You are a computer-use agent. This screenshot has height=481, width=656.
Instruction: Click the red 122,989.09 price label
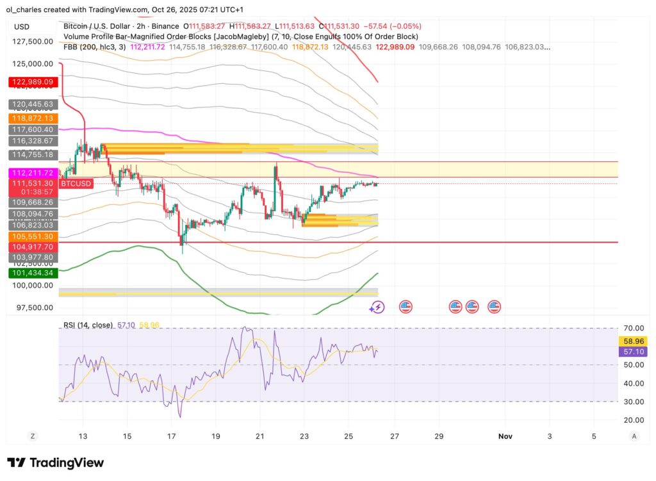click(32, 82)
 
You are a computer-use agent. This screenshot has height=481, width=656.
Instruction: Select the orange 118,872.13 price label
click(32, 118)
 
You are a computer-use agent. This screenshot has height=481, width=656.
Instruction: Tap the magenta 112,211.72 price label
click(32, 173)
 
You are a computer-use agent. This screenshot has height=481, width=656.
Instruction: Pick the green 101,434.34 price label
click(32, 273)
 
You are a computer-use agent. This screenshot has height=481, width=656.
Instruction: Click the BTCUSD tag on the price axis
click(76, 184)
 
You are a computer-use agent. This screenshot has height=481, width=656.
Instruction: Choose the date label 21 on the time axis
click(259, 436)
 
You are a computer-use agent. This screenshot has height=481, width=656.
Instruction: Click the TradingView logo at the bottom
click(55, 462)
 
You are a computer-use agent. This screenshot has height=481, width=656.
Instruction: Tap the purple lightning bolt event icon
click(377, 307)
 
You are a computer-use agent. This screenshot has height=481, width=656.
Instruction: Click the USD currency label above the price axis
click(22, 27)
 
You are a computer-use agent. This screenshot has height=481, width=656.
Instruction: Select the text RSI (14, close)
click(88, 325)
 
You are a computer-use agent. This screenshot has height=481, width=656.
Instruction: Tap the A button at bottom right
click(634, 436)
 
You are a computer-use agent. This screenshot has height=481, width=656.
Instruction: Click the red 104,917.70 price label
click(32, 247)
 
